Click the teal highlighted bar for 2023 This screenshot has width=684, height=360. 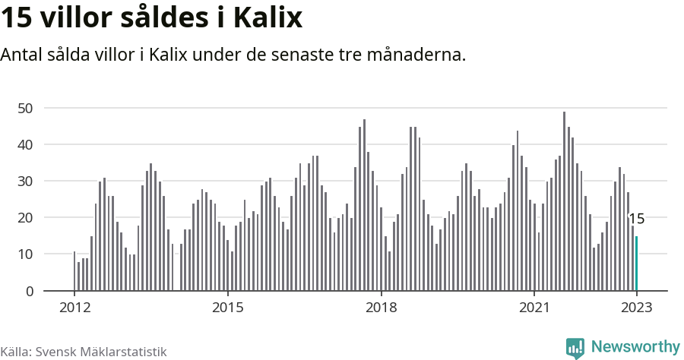637,264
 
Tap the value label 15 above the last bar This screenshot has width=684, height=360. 637,219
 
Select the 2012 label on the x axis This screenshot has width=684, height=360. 74,308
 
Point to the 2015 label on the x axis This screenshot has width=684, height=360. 228,308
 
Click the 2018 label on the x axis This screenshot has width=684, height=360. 381,308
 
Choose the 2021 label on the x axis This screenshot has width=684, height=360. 534,308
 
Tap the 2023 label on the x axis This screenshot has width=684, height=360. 637,308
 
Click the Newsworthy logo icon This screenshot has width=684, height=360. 575,348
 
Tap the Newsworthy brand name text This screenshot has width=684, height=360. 635,347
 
